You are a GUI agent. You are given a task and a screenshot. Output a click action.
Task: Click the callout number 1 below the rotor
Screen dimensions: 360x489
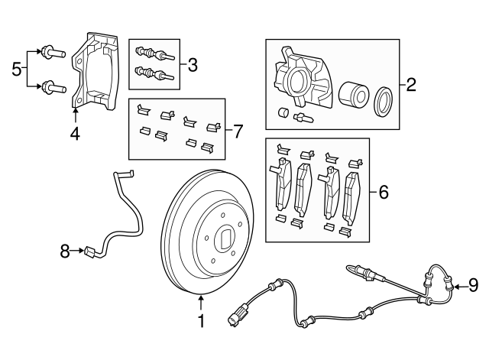(202, 322)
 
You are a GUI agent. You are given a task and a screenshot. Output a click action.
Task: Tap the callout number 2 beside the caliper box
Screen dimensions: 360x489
(410, 84)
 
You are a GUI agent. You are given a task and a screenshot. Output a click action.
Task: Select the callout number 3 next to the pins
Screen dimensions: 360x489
(192, 65)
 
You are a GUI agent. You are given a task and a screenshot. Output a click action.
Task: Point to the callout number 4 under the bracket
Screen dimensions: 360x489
(75, 135)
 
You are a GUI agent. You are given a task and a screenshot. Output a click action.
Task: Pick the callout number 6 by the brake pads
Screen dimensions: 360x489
(383, 191)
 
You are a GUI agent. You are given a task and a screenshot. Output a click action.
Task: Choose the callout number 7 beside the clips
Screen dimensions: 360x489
(238, 131)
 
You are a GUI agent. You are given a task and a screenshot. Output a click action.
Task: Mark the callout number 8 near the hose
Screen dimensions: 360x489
(66, 249)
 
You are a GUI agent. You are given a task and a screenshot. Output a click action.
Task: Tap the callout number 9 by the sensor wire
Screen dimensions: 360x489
(473, 286)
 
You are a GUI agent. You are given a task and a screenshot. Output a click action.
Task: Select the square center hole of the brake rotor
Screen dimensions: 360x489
(226, 238)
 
